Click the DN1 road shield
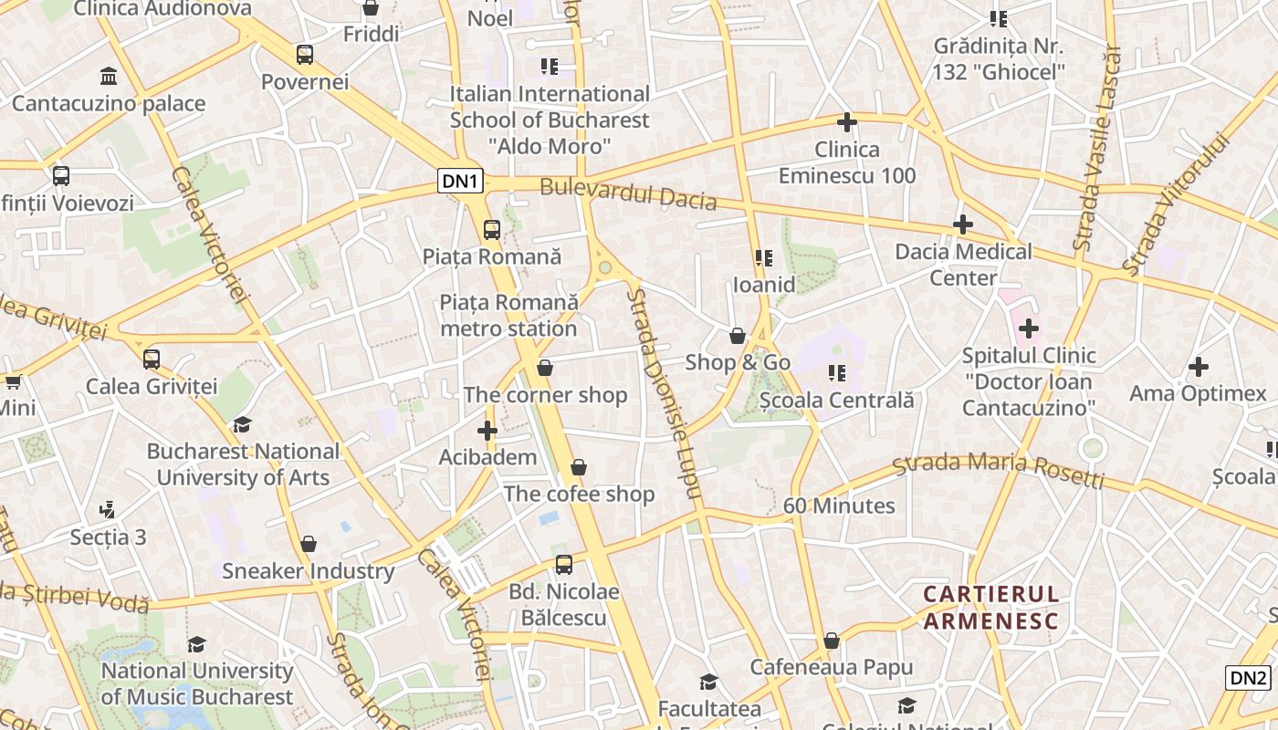click(x=461, y=181)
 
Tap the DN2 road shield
click(x=1248, y=678)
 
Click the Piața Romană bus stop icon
click(x=492, y=230)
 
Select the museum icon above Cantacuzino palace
click(x=109, y=76)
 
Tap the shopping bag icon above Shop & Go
click(x=738, y=336)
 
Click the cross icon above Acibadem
click(x=487, y=430)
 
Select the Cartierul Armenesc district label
click(x=990, y=608)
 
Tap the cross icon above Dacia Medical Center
click(x=963, y=224)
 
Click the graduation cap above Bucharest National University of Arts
click(x=242, y=424)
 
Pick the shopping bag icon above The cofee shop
click(x=579, y=467)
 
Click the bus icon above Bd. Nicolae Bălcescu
click(x=564, y=565)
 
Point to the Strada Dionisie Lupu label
click(x=664, y=392)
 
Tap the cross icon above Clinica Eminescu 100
click(x=847, y=122)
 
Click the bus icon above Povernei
click(x=305, y=55)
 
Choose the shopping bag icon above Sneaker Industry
click(x=309, y=544)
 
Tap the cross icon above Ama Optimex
click(x=1199, y=367)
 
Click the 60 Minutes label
click(x=839, y=506)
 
